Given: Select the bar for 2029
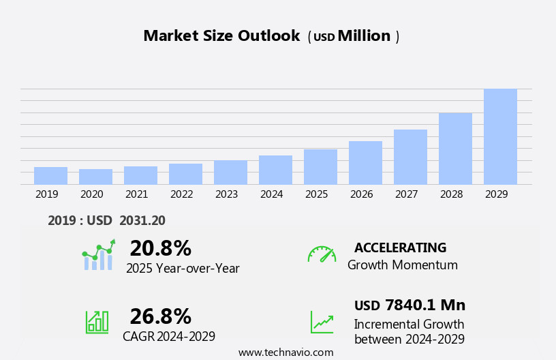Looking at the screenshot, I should [500, 136].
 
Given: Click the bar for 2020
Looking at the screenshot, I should [95, 177].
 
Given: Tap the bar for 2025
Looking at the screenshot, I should [320, 166].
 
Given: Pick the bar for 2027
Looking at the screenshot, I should [410, 157].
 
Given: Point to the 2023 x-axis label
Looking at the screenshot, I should [226, 194].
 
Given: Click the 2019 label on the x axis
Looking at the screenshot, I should [46, 194].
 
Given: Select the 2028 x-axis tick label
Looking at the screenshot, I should [451, 194].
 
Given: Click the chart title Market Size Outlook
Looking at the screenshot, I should [221, 36].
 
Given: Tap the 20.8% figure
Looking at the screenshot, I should [160, 248].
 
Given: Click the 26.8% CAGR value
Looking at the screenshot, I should [160, 316].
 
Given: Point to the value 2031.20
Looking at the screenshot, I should [142, 220].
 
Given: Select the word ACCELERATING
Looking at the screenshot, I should [400, 247].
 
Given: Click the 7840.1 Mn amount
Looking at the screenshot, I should [425, 305].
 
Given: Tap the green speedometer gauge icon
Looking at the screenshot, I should [322, 254].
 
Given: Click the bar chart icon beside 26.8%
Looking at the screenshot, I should [97, 321].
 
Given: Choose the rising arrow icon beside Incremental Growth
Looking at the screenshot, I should [322, 322].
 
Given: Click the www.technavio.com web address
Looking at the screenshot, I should [285, 352].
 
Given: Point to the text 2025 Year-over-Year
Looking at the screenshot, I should [183, 269].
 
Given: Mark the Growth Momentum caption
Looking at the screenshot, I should [402, 265].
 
